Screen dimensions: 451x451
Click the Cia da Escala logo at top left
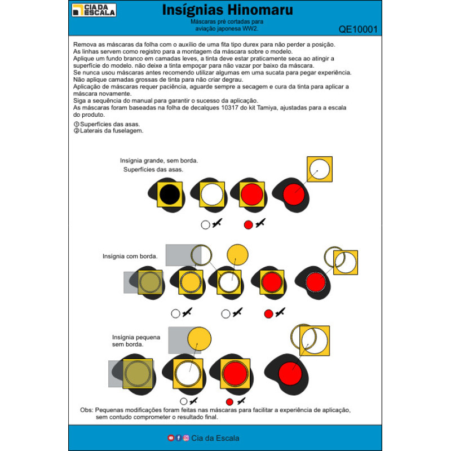[x=94, y=10]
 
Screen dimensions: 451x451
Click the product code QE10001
[x=358, y=29]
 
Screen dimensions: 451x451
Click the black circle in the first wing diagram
[x=170, y=194]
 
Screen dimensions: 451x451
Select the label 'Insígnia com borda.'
[x=130, y=257]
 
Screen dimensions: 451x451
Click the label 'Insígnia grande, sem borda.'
[x=159, y=161]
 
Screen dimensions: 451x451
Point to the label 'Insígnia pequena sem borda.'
[x=136, y=341]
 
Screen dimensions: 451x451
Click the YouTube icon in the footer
[x=171, y=438]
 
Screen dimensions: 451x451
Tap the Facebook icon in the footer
[x=178, y=438]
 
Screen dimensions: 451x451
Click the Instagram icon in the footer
[x=186, y=438]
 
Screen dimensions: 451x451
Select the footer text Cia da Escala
[x=215, y=438]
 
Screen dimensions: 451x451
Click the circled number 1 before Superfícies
[x=77, y=124]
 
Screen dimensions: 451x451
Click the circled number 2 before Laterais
[x=77, y=131]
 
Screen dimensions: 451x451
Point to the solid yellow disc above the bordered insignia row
[x=237, y=255]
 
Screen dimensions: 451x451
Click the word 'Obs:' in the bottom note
[x=86, y=410]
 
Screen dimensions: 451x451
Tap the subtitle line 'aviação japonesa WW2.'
[x=227, y=29]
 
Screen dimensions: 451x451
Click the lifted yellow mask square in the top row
[x=320, y=169]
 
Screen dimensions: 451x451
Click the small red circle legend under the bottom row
[x=229, y=401]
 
